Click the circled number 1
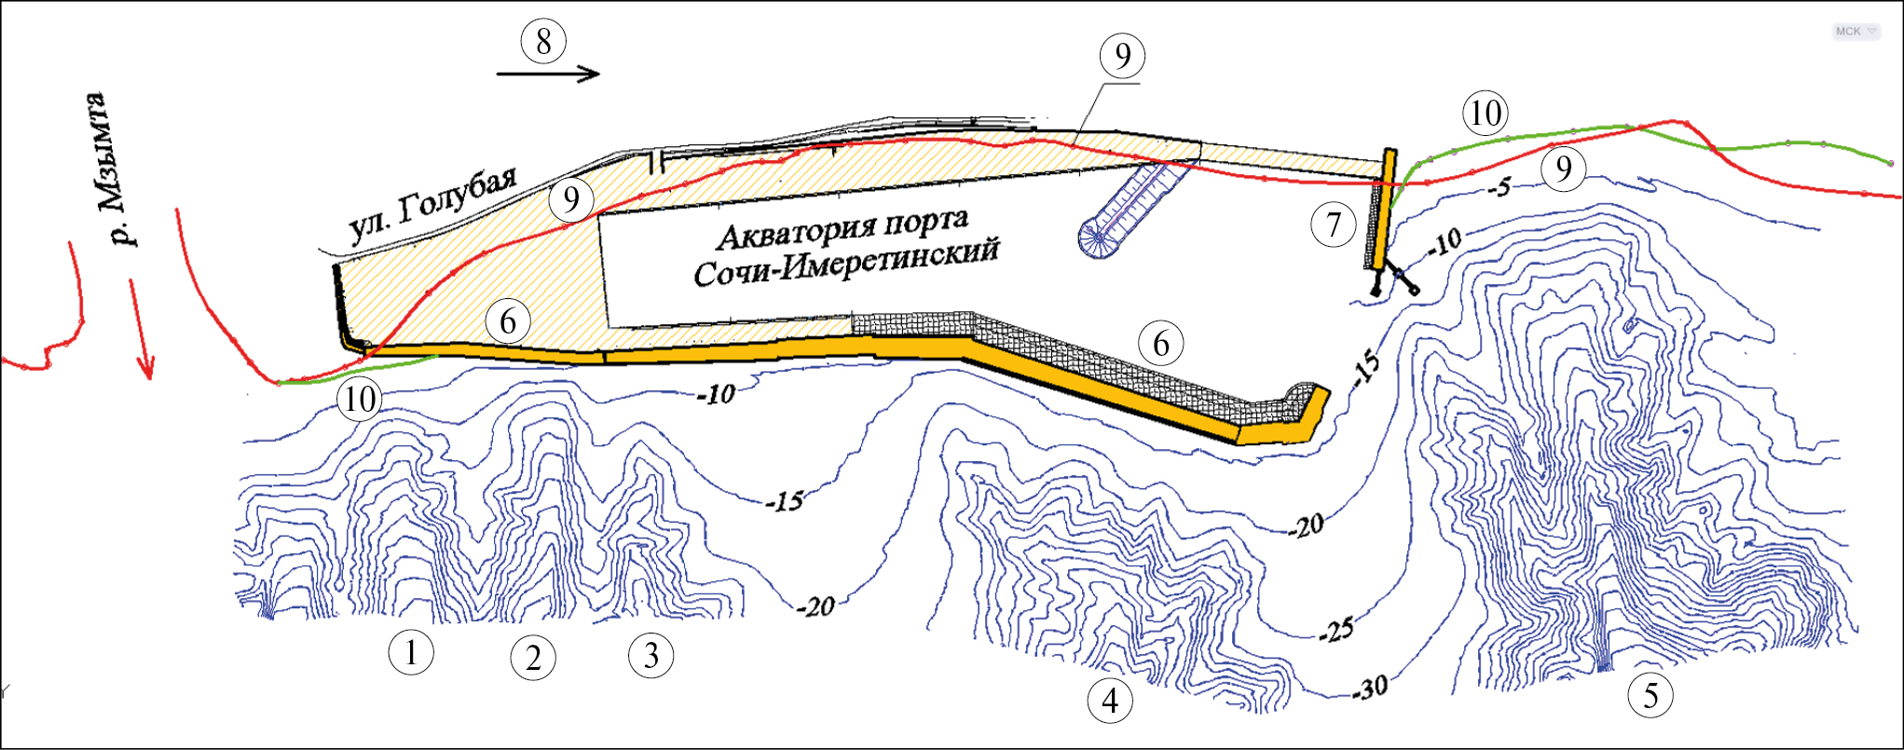pos(411,652)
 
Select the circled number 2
pos(533,658)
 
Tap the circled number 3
pos(651,655)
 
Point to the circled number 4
pos(1110,700)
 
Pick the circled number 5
pos(1651,695)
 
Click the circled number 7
pos(1334,225)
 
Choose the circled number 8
pos(543,41)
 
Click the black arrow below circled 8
pos(548,74)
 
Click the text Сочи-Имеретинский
pos(846,262)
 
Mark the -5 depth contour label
pos(1500,187)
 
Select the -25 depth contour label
pos(1336,632)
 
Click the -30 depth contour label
pos(1370,689)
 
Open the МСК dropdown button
pos(1856,32)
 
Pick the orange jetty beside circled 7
pos(1383,210)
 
